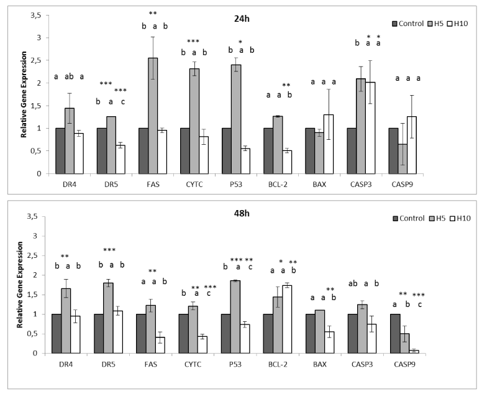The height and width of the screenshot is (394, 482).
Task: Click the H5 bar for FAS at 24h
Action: pos(152,116)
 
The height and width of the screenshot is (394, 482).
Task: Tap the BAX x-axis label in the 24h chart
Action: pos(328,184)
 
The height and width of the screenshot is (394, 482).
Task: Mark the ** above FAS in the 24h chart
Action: pos(152,12)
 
